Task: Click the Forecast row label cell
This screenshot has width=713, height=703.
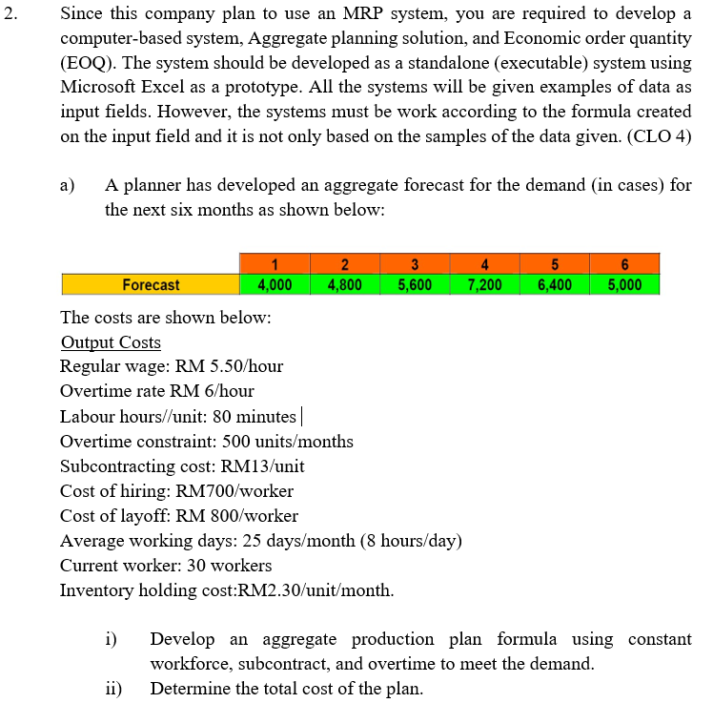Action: pos(150,284)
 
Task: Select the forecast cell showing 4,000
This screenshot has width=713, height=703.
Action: pos(275,284)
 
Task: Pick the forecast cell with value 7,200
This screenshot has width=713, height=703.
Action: pos(485,284)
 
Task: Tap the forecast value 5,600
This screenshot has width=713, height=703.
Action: pos(415,284)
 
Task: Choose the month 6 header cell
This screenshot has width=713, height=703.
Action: pos(625,264)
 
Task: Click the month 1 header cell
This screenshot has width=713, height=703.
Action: pos(275,264)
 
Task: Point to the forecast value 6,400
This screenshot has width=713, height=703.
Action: pos(556,284)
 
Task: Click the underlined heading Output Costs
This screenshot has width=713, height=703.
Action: pos(111,342)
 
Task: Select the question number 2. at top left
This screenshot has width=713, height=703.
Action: pos(10,14)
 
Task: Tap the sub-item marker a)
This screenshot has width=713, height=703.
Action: pos(69,184)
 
